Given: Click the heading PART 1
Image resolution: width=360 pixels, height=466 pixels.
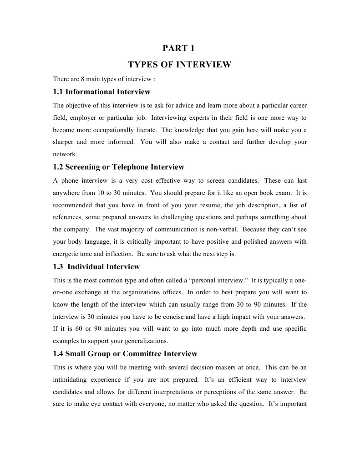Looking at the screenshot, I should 179,48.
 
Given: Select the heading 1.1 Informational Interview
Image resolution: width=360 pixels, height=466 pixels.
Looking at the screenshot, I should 101,92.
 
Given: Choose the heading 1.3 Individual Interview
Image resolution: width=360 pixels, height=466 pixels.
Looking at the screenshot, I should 96,266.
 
